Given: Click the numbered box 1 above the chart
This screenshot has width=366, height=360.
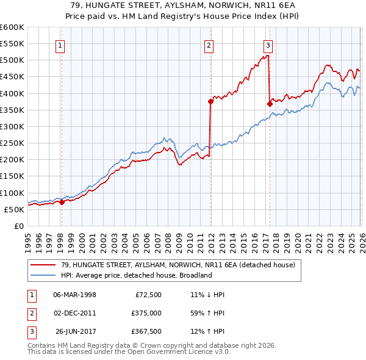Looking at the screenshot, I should [x=61, y=45].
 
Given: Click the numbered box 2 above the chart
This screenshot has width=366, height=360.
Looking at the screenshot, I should [x=209, y=45].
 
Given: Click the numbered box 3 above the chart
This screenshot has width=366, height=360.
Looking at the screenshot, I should [x=268, y=45].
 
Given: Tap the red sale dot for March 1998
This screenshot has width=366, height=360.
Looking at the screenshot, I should [x=62, y=202].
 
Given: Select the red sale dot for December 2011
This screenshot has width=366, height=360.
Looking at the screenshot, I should [x=210, y=102].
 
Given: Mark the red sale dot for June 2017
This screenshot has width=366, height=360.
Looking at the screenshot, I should [x=270, y=104].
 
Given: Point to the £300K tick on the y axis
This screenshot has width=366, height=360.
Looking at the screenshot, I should [x=12, y=126].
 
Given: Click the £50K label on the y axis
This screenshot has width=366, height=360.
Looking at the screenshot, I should [x=14, y=209].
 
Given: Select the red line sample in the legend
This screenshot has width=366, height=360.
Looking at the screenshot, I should [x=43, y=265].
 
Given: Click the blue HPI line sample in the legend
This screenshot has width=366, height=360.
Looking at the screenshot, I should [x=43, y=275].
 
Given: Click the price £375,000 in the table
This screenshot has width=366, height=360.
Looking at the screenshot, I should [x=146, y=313].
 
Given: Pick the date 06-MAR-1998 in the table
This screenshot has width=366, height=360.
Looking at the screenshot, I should [x=74, y=295].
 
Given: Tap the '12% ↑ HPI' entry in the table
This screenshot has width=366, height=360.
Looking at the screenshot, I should [x=207, y=331].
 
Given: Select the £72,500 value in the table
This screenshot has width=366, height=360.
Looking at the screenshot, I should [x=148, y=295].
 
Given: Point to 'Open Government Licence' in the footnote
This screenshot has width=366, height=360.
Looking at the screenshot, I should [x=178, y=352].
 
